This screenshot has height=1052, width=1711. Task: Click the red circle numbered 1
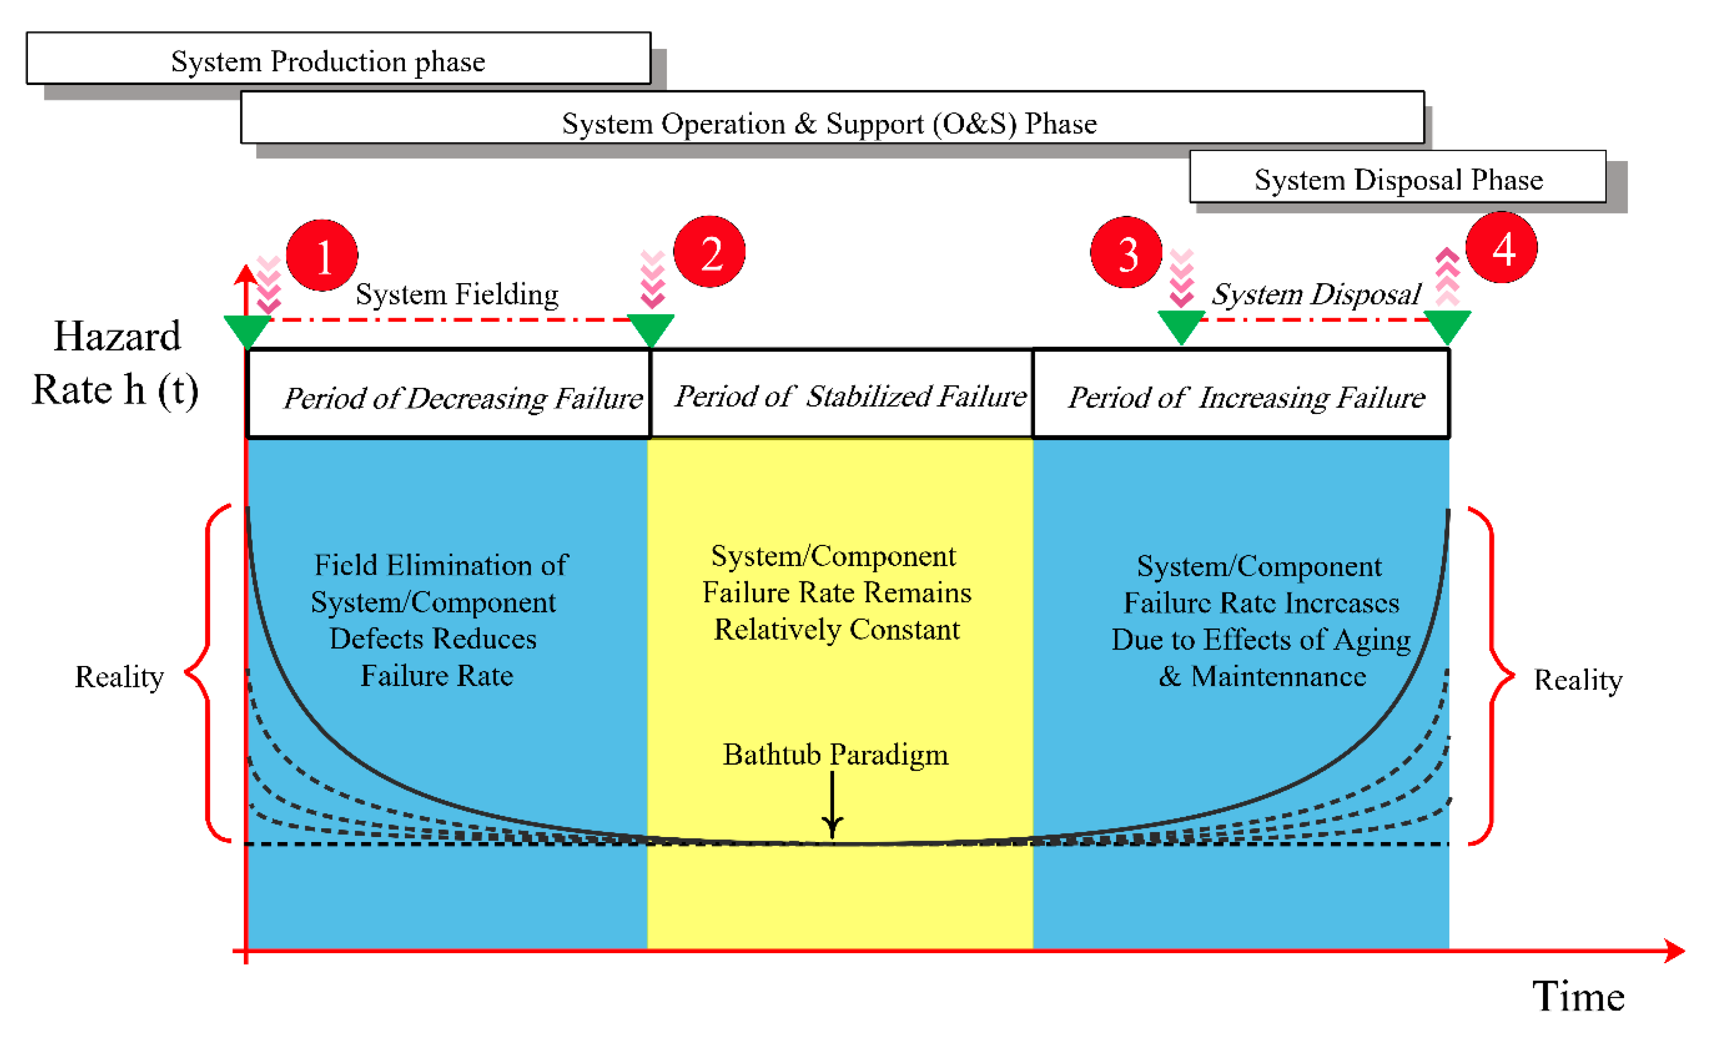322,255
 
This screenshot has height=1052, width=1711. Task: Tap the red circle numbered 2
709,252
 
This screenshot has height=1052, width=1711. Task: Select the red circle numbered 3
1126,252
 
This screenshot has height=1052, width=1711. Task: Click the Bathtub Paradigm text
834,755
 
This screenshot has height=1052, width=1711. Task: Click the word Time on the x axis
1577,996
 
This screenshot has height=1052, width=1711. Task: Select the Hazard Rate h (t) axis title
116,363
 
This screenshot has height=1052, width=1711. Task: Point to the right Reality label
1577,680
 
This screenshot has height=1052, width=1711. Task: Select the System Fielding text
457,294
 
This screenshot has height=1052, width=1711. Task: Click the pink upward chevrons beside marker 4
1447,276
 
